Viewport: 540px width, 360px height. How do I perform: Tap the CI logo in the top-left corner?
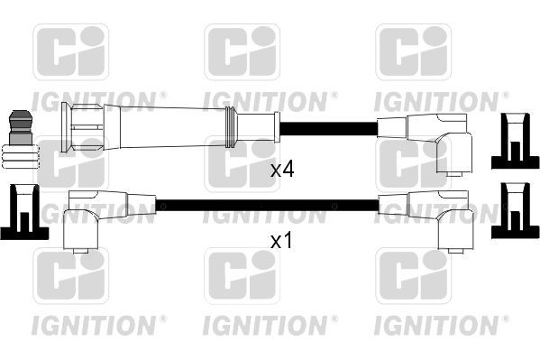pos(70,52)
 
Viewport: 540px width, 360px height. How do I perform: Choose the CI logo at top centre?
pos(241,52)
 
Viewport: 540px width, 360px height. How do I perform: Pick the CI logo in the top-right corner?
pos(412,52)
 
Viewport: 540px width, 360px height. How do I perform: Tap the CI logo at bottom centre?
pos(241,277)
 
